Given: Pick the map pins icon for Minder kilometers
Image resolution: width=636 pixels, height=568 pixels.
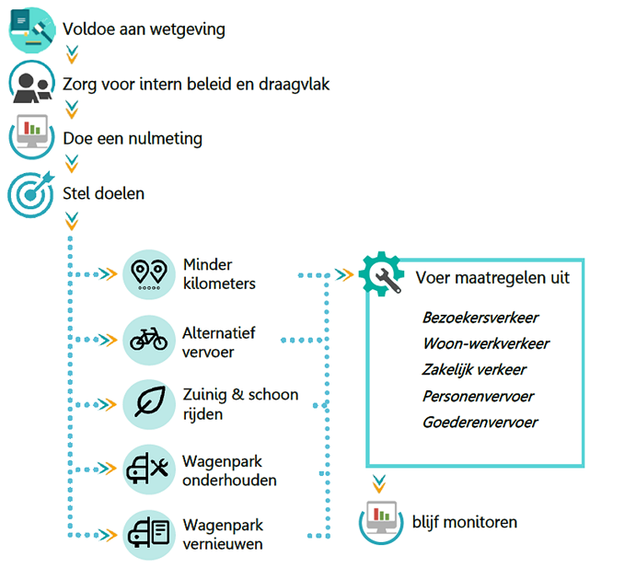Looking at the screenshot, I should pyautogui.click(x=148, y=273).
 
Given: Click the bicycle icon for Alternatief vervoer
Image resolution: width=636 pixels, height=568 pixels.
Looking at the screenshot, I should pyautogui.click(x=148, y=340).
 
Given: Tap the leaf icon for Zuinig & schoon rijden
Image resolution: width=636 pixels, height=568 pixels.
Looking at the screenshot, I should pyautogui.click(x=148, y=403).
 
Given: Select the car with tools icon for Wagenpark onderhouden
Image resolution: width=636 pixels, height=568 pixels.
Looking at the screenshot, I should pyautogui.click(x=148, y=469).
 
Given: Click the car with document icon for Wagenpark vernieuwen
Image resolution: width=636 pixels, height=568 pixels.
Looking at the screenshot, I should pyautogui.click(x=148, y=533).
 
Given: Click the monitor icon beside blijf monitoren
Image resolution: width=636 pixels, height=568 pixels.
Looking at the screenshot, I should pyautogui.click(x=381, y=522).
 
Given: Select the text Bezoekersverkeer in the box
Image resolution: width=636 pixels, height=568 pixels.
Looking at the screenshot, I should pyautogui.click(x=480, y=318).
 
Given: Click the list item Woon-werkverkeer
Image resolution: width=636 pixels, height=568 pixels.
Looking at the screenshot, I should pyautogui.click(x=486, y=343).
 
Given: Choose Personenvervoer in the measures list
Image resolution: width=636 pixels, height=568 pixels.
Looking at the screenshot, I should pyautogui.click(x=478, y=396).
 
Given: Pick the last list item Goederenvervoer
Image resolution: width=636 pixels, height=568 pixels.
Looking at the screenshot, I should pyautogui.click(x=480, y=423).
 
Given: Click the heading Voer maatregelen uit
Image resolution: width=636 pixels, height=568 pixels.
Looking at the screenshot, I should pyautogui.click(x=492, y=277).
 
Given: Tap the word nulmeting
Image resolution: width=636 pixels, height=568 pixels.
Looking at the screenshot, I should pyautogui.click(x=163, y=139).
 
